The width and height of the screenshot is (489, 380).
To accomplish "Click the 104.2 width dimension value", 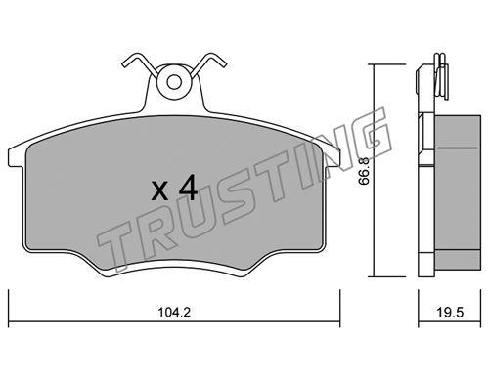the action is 174,313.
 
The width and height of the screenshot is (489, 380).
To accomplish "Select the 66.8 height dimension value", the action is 364,171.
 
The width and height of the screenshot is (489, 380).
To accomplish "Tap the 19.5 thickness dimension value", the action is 450,313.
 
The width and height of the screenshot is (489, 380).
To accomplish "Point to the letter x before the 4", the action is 160,191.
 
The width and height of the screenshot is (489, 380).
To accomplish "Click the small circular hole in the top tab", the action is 174,82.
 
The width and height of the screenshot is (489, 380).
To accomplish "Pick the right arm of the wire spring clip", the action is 207,64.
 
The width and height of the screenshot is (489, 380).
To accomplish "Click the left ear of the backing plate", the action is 16,157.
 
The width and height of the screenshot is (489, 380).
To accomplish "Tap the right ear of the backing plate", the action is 332,157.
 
